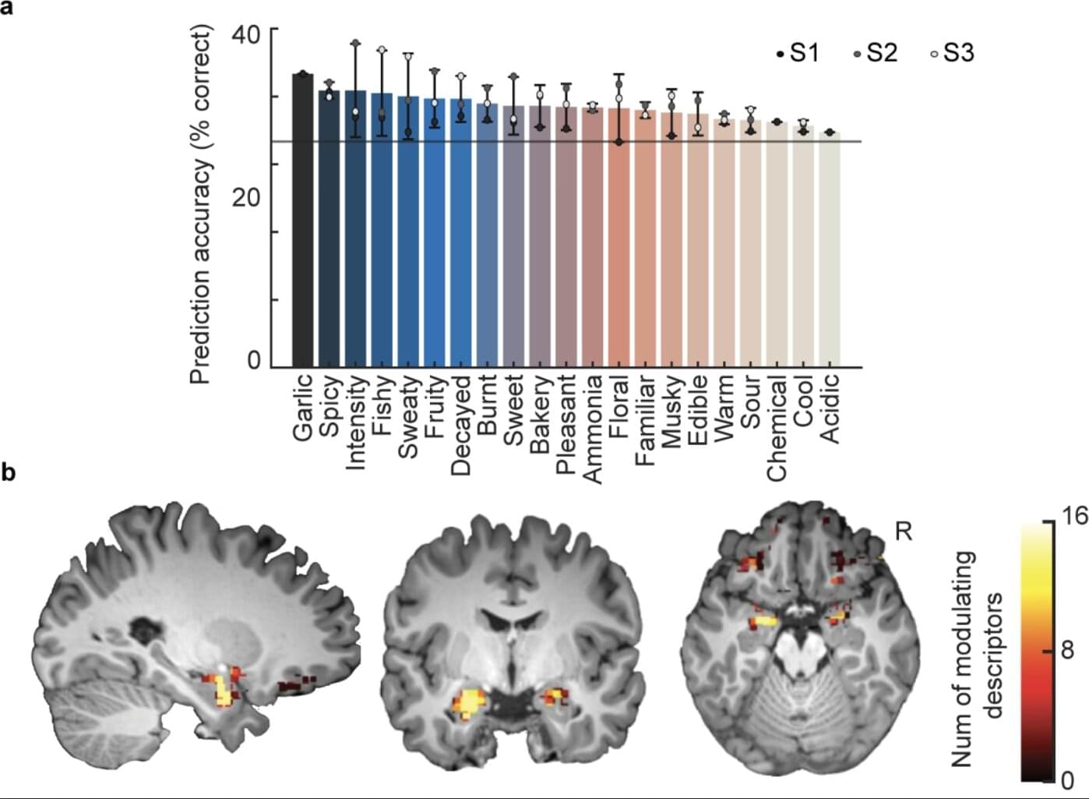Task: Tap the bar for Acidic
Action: (x=830, y=249)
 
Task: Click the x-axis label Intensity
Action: (x=355, y=422)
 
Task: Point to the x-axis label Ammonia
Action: (x=592, y=429)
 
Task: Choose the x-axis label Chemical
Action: (x=777, y=428)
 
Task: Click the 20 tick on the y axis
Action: (x=247, y=197)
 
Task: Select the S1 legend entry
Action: (x=798, y=53)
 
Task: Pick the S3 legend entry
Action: (x=951, y=53)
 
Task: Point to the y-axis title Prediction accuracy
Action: (x=201, y=204)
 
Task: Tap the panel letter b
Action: (x=9, y=472)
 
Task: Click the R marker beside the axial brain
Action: (x=904, y=532)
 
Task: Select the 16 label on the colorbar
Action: (x=1075, y=517)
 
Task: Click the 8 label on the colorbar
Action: (x=1068, y=649)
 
